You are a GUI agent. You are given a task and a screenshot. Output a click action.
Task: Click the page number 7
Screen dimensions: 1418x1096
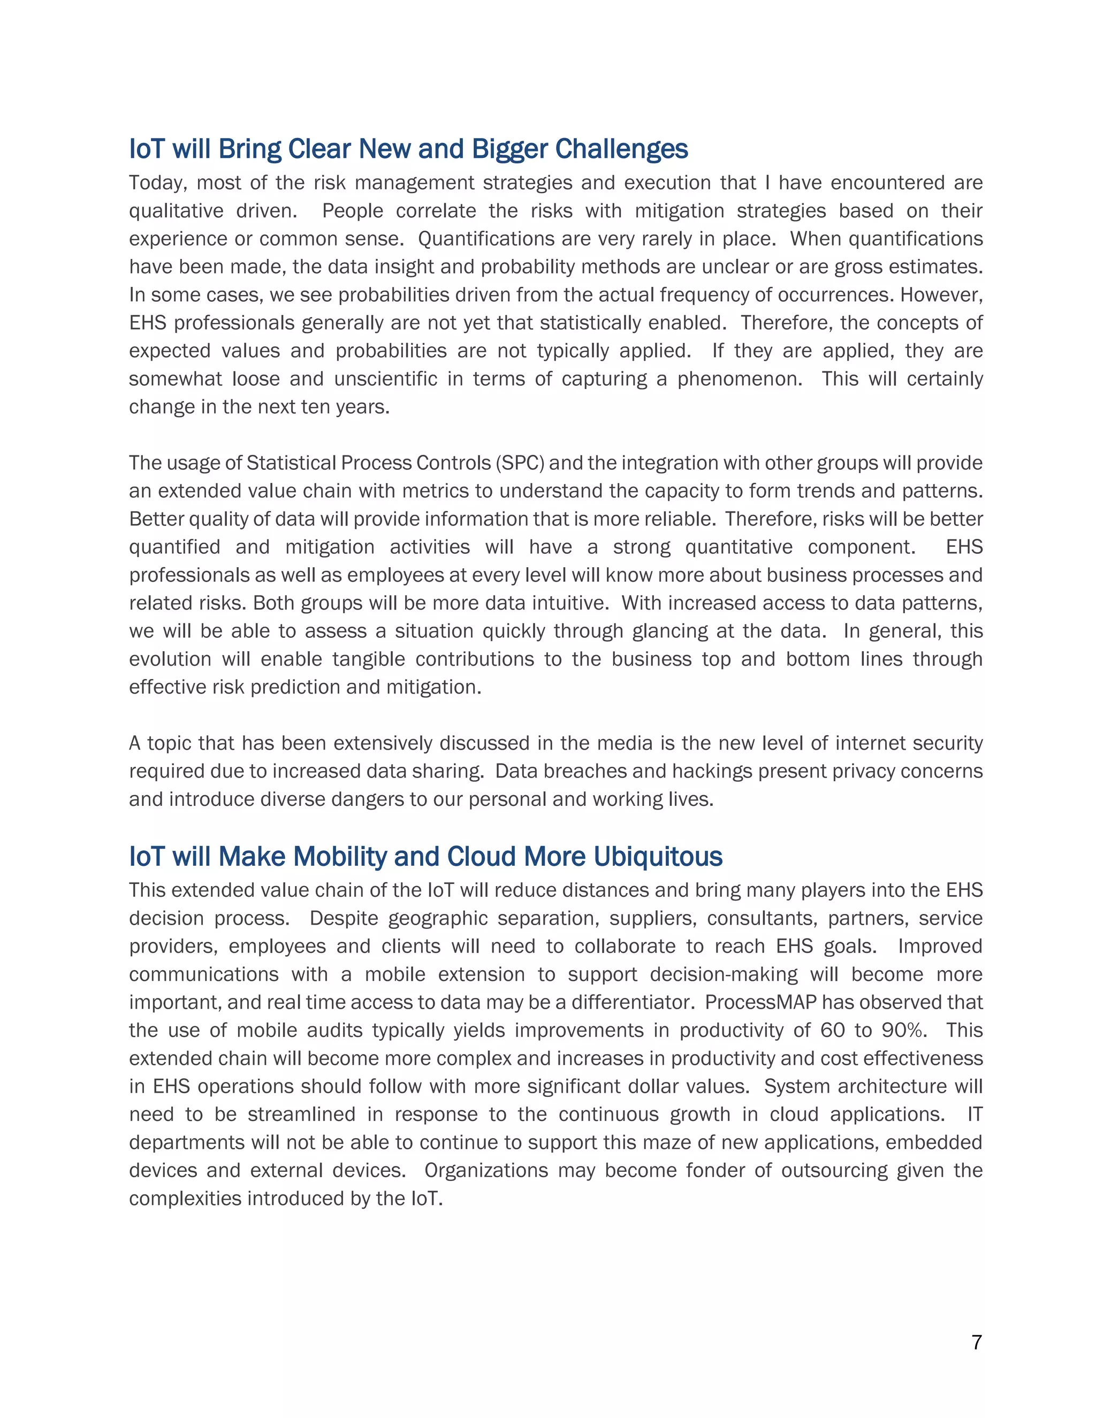pos(977,1342)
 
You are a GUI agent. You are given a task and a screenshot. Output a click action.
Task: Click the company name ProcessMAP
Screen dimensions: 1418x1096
pos(760,1002)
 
